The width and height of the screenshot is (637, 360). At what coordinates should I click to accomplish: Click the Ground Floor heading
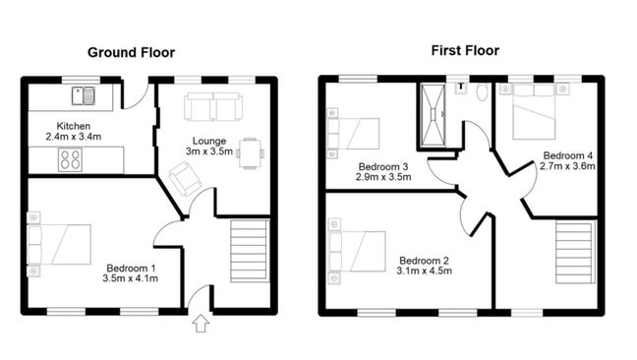click(x=131, y=52)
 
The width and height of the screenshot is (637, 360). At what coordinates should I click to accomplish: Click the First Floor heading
click(x=464, y=50)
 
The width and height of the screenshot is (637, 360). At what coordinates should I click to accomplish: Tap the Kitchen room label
click(x=74, y=125)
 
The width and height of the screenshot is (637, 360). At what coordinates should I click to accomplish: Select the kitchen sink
click(x=83, y=96)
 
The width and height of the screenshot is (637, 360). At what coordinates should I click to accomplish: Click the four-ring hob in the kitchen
click(x=72, y=159)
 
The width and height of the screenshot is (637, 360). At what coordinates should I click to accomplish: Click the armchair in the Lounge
click(x=184, y=178)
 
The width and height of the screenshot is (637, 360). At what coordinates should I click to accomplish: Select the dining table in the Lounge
click(x=251, y=152)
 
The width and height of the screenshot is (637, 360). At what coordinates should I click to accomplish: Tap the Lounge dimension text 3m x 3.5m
click(x=209, y=152)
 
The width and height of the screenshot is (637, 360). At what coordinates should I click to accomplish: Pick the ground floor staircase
click(x=250, y=253)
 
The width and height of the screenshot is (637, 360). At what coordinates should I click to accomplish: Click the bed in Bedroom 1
click(x=63, y=244)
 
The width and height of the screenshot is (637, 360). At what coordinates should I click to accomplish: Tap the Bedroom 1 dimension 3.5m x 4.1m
click(x=131, y=278)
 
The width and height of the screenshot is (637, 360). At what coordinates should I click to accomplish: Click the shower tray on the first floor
click(x=433, y=116)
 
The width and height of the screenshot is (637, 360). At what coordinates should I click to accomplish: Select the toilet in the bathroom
click(x=481, y=93)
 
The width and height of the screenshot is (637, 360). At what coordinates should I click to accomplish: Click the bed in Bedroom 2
click(x=360, y=251)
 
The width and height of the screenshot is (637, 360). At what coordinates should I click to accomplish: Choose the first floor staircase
click(x=575, y=253)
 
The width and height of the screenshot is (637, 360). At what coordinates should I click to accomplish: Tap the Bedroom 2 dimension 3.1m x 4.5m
click(x=423, y=270)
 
